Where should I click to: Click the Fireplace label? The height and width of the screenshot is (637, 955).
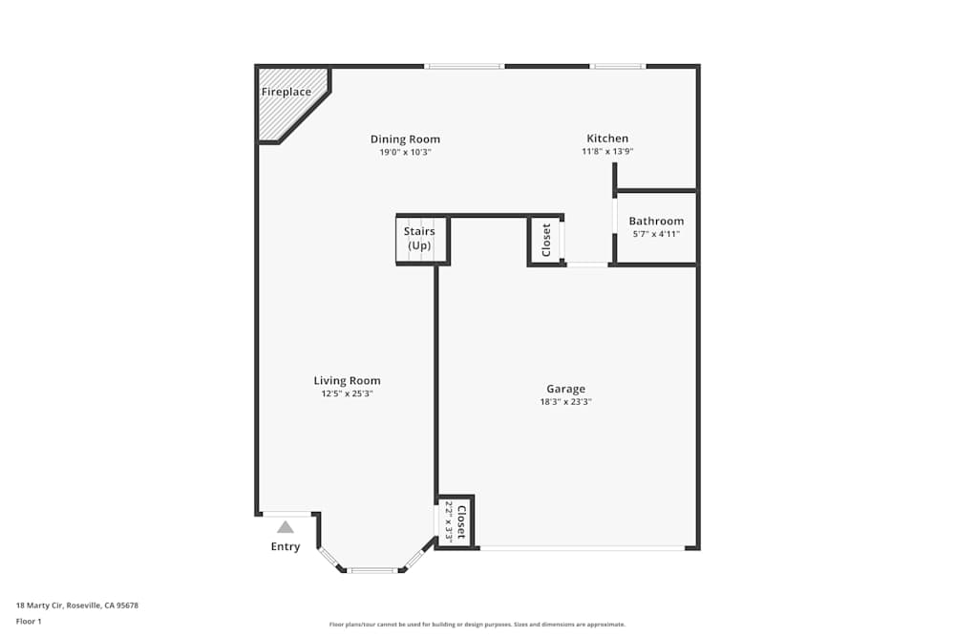click(x=286, y=92)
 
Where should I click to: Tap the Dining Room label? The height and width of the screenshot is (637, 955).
click(x=405, y=139)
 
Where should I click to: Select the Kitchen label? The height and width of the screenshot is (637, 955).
click(x=607, y=138)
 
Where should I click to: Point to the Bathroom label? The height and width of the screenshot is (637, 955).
click(x=656, y=222)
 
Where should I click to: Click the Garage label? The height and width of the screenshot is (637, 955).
click(x=565, y=389)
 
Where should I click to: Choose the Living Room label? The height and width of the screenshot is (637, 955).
click(x=347, y=381)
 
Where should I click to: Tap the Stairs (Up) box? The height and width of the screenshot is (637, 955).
click(x=419, y=239)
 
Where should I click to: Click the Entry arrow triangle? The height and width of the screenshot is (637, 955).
click(x=286, y=527)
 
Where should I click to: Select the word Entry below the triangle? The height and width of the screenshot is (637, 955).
click(x=286, y=547)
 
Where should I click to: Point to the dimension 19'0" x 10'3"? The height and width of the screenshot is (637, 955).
click(x=405, y=152)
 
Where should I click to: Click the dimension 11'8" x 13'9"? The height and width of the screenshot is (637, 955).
click(x=607, y=152)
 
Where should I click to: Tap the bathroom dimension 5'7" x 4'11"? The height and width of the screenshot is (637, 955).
click(x=655, y=234)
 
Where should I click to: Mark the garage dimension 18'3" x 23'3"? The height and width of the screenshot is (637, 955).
click(x=565, y=402)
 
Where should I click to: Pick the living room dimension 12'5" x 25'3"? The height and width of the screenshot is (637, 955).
click(x=347, y=393)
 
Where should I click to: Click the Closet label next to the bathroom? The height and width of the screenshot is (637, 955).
click(x=546, y=240)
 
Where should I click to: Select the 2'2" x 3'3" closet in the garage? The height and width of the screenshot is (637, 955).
click(x=456, y=521)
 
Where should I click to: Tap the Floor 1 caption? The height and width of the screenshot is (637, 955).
click(x=29, y=621)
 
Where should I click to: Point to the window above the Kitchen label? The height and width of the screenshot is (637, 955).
click(x=617, y=66)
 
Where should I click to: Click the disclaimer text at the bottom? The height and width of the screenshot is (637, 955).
click(x=477, y=625)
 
